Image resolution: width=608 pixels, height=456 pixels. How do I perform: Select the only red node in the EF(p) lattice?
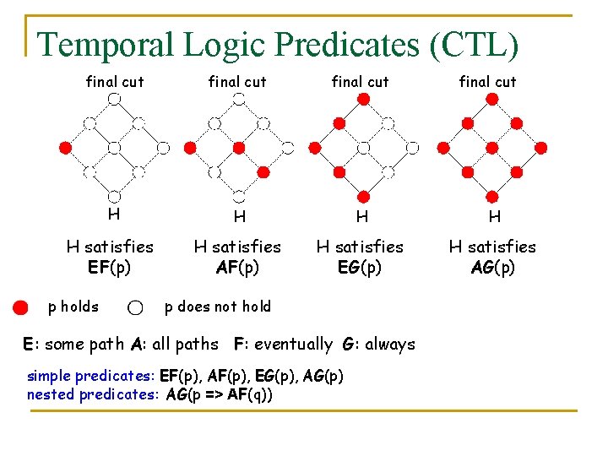point(65,148)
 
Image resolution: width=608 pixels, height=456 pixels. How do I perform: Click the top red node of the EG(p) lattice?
point(363,99)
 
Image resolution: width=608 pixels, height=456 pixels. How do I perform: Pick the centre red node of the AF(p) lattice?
point(239,148)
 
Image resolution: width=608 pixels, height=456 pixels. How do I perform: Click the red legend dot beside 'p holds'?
point(20,307)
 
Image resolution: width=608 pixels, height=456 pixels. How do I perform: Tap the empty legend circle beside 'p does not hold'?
point(135,307)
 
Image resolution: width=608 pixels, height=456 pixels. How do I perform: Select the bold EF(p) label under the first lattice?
point(109,268)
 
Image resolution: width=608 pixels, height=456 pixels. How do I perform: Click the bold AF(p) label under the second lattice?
point(236,268)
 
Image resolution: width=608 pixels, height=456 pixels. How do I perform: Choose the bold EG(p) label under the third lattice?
point(360,268)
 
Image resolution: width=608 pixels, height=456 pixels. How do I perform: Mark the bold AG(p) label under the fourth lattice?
point(492,268)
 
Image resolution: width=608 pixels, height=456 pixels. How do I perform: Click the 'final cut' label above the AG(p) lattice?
point(487,82)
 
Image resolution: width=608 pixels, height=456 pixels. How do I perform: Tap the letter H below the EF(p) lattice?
point(112,214)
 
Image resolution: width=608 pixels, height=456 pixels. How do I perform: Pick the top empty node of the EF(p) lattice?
point(113,99)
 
